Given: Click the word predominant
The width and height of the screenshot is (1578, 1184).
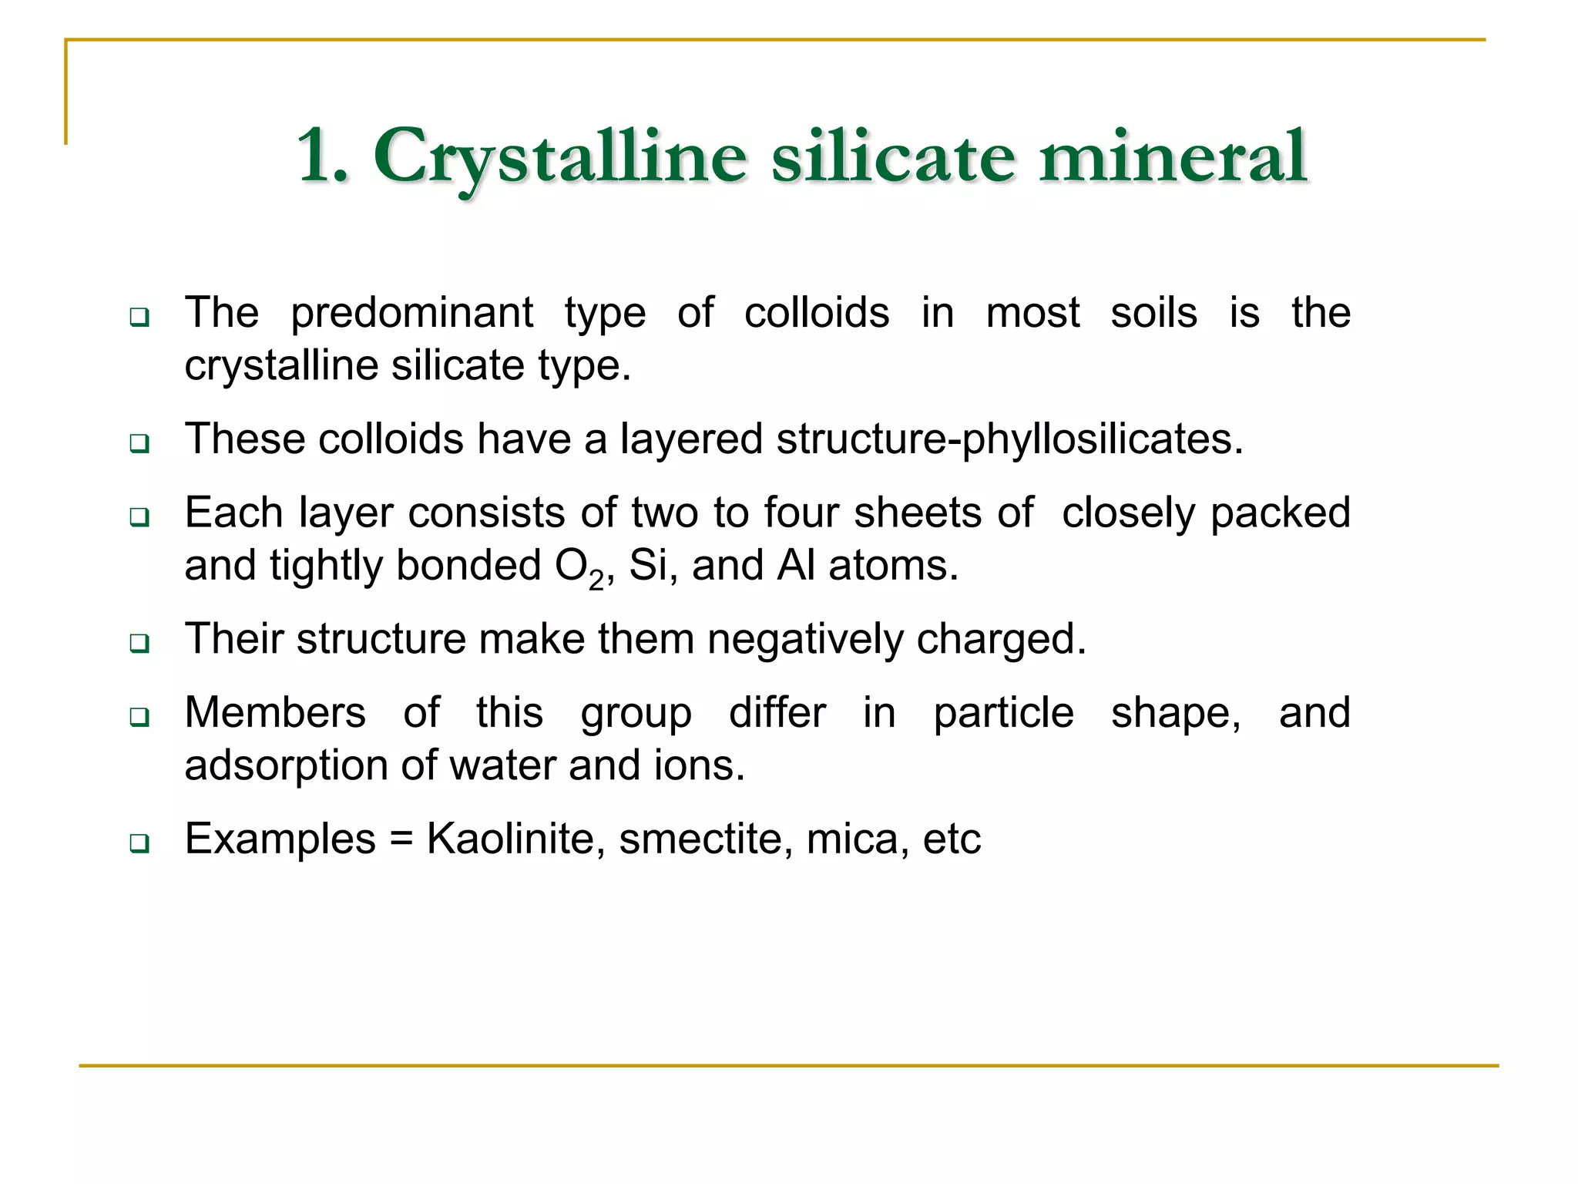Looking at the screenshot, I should point(411,314).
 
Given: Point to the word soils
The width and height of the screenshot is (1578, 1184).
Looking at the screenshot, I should point(1153,313).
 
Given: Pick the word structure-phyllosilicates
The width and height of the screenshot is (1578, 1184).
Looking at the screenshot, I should point(1009,439).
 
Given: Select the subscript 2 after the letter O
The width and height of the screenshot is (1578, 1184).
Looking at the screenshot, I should point(596,579).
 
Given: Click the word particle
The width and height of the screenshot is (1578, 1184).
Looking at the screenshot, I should point(1003,713).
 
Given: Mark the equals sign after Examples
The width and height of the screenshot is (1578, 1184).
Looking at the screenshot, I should point(401,839).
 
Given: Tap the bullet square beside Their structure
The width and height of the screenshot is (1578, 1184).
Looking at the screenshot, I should point(139,643).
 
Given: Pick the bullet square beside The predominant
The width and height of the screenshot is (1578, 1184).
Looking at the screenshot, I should point(139,316).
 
